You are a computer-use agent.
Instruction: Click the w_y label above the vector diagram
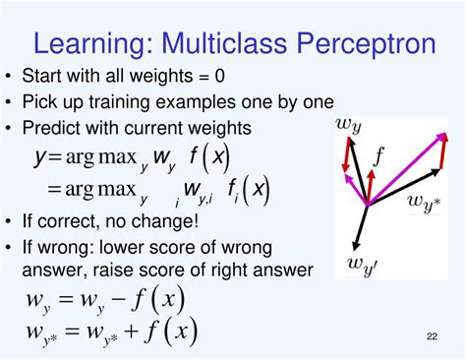point(351,125)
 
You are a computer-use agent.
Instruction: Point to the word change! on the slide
point(165,219)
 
